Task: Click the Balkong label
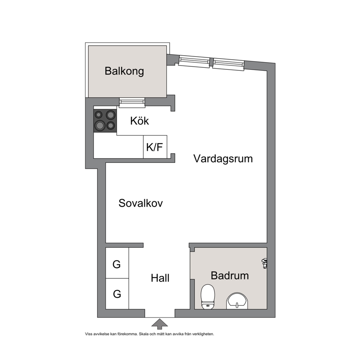(x=124, y=71)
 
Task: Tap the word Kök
(x=140, y=121)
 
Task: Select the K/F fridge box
(x=155, y=147)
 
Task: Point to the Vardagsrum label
(x=223, y=159)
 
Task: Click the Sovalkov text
(x=140, y=203)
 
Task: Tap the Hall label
(x=160, y=278)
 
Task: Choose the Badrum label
(x=230, y=275)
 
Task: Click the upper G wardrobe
(x=117, y=263)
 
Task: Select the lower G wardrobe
(x=117, y=294)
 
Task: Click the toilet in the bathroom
(x=208, y=296)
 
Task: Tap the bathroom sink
(x=237, y=301)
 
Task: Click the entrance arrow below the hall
(x=160, y=324)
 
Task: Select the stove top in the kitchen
(x=105, y=120)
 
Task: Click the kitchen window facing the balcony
(x=132, y=102)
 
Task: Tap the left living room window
(x=194, y=62)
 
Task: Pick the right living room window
(x=228, y=65)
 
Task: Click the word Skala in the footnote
(x=144, y=334)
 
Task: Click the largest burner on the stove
(x=100, y=125)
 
